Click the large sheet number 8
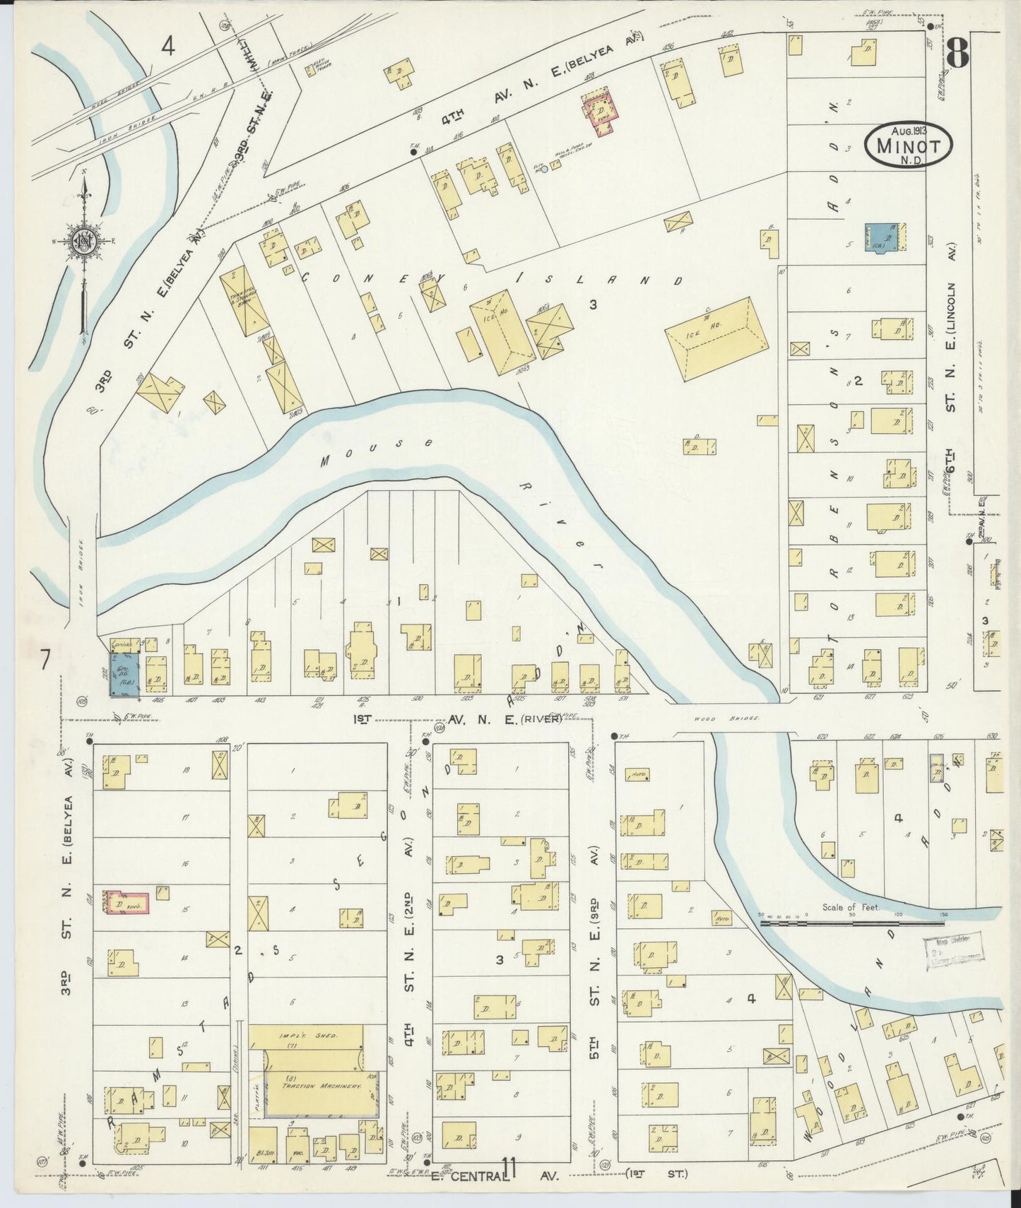(x=957, y=49)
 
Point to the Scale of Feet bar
(x=851, y=922)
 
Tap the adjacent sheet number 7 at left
(x=45, y=661)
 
